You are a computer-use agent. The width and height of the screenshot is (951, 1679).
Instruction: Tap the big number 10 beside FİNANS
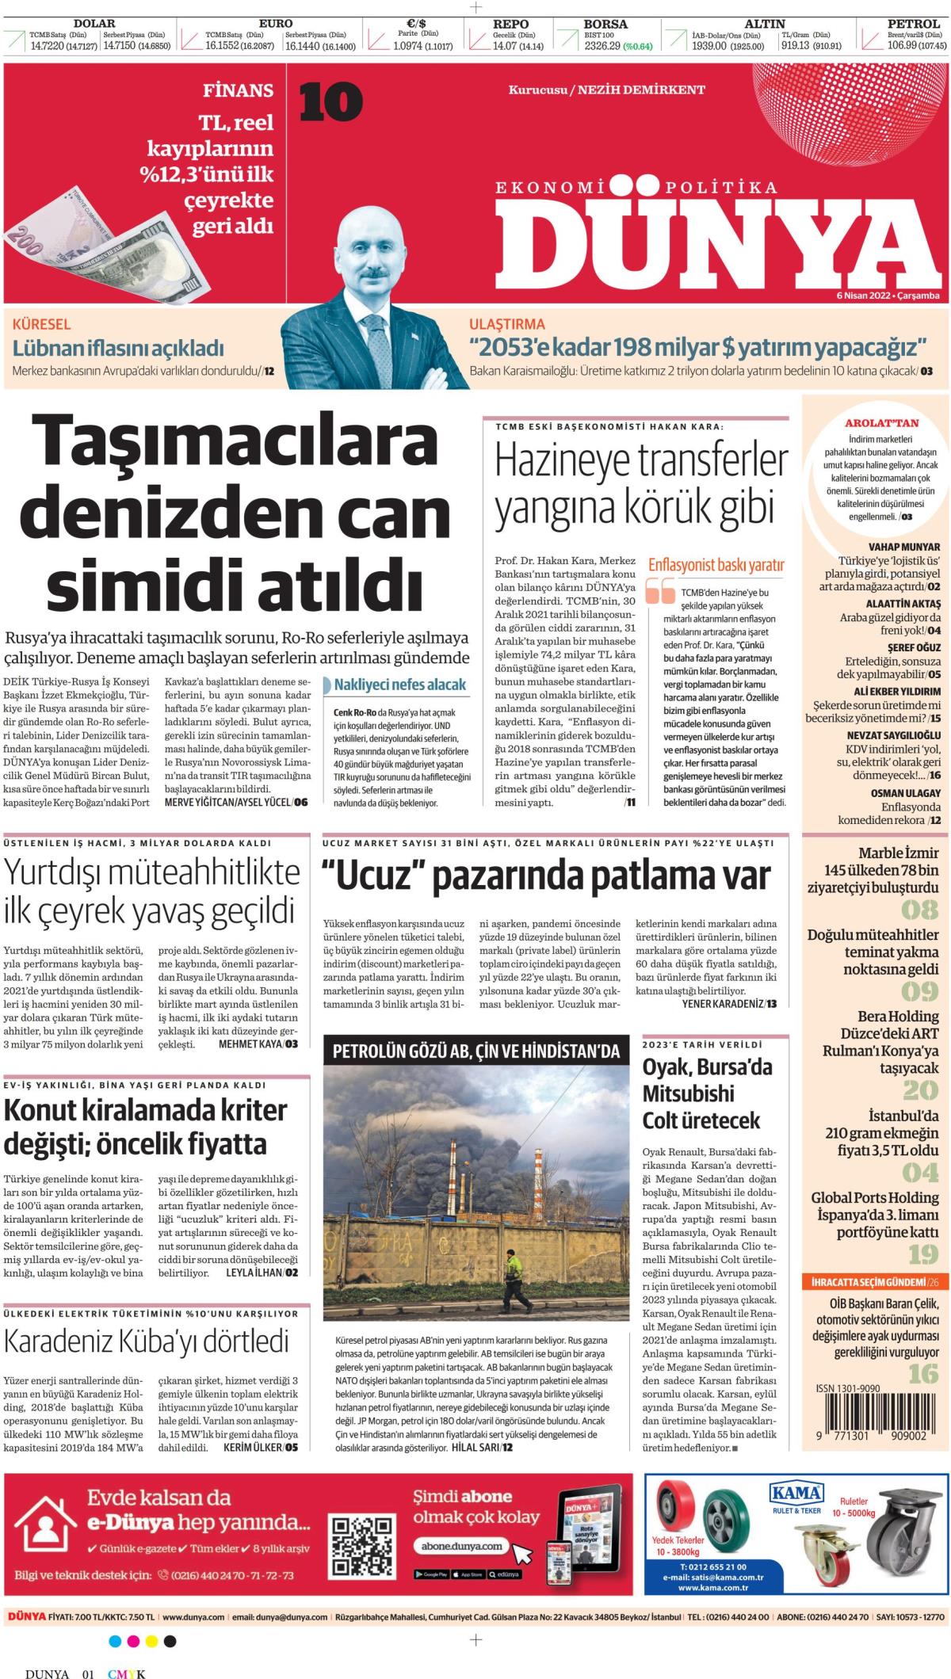point(330,103)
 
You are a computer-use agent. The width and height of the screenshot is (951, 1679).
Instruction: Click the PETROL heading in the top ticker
point(913,24)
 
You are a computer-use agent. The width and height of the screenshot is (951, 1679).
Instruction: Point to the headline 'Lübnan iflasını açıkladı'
point(118,348)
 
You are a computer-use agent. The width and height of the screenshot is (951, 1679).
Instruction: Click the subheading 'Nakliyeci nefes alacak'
point(399,685)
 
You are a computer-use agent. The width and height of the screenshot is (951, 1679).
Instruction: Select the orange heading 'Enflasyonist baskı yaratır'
point(716,565)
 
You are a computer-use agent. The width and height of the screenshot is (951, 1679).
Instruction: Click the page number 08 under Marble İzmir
point(919,909)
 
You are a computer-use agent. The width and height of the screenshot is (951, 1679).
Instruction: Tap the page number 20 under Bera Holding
point(920,1091)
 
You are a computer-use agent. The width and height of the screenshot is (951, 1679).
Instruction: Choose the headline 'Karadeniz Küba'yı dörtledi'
point(147,1341)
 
